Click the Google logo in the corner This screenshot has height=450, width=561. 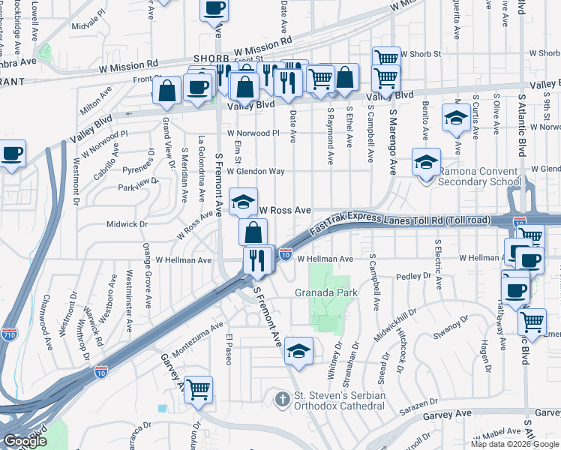pos(24,441)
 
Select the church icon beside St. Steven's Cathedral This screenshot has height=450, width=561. pos(283,397)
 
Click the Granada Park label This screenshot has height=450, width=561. pos(325,292)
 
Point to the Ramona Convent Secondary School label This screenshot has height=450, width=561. pos(478,176)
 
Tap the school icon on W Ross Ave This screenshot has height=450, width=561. pos(243,201)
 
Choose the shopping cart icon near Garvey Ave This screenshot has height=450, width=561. pos(199,389)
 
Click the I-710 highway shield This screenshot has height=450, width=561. pos(10,334)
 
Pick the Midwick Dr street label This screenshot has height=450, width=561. pos(127,223)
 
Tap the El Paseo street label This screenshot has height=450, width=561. pos(229,349)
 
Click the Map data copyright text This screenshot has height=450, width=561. pos(513,444)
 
